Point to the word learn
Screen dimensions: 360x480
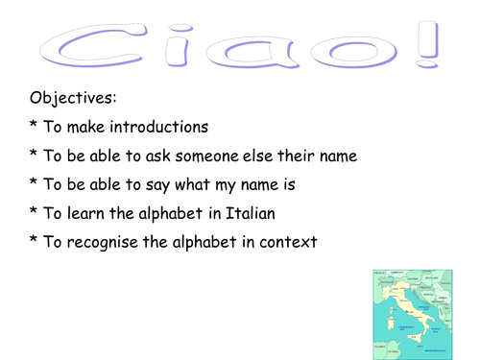pos(85,212)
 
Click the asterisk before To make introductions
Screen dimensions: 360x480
pos(35,126)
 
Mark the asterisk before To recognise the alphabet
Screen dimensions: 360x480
pos(35,240)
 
